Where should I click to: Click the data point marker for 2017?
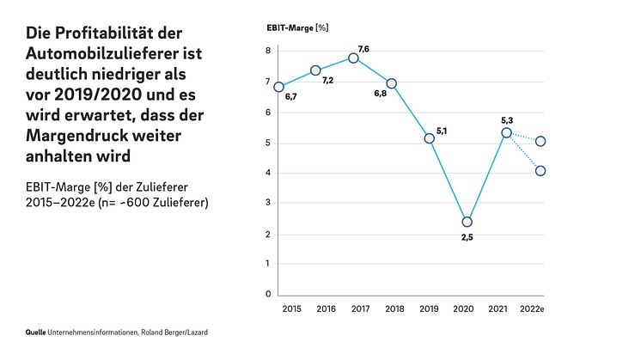tap(353, 58)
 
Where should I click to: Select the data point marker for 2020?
tap(467, 222)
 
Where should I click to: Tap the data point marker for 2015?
tap(278, 86)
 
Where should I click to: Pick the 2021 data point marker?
tap(506, 132)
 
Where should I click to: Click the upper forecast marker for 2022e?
tap(540, 141)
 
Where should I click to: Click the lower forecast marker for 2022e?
tap(540, 171)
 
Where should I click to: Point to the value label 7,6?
tap(363, 49)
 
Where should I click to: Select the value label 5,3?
tap(507, 120)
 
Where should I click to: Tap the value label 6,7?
tap(290, 97)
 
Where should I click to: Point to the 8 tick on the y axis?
tap(268, 52)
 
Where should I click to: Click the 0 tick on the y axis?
tap(268, 295)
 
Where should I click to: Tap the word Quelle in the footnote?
tap(35, 332)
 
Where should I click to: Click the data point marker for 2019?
tap(430, 138)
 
